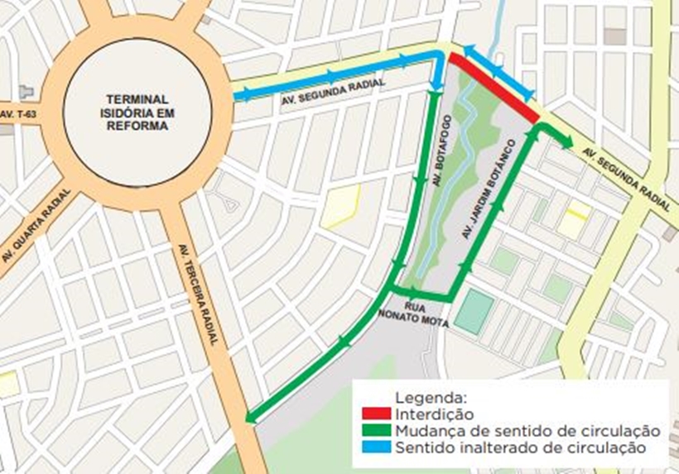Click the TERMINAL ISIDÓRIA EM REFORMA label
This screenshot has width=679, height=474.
tap(137, 113)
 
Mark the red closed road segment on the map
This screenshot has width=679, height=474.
tap(494, 89)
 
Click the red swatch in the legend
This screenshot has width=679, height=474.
tap(377, 413)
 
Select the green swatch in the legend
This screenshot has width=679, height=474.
tap(377, 430)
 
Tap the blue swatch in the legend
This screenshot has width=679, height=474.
tap(377, 448)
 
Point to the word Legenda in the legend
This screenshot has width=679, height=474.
tap(431, 396)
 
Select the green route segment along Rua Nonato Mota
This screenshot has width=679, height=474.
tap(421, 293)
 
